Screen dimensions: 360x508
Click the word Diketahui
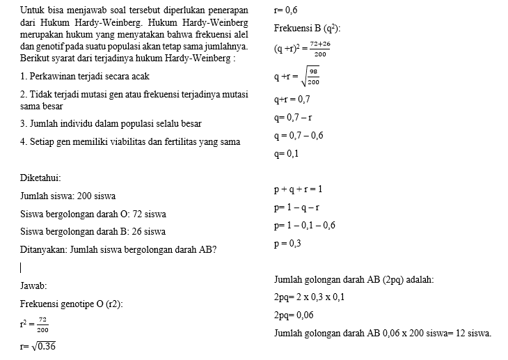pos(40,178)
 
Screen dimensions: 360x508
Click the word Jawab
pos(33,285)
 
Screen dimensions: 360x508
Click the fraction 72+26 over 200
pos(320,49)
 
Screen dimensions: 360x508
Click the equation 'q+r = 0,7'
pos(292,100)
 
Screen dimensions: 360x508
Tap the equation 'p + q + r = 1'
pos(299,189)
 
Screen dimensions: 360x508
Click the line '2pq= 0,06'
pos(294,315)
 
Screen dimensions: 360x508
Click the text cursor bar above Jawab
pos(21,267)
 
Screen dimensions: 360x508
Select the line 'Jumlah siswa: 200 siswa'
pos(68,196)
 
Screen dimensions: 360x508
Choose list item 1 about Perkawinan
pos(84,76)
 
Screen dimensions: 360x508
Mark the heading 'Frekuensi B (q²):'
pos(308,29)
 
